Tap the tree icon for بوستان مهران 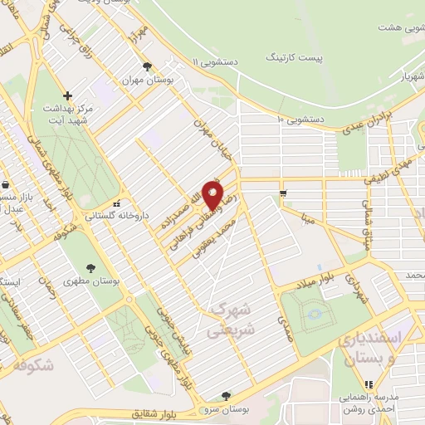pos(147,66)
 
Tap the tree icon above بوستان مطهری pos(90,267)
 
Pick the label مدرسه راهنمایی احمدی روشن pos(369,402)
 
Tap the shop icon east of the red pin pos(285,193)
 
